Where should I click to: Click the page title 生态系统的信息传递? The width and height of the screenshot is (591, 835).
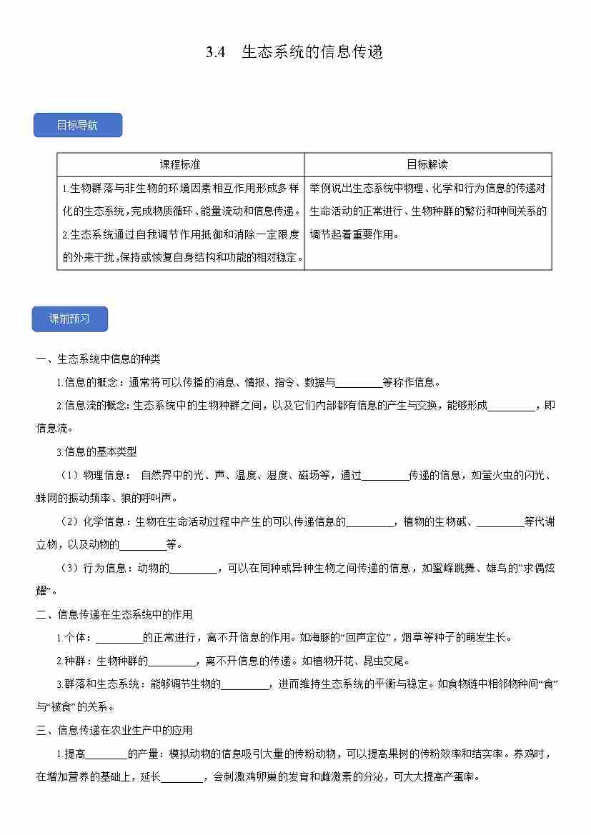pos(312,52)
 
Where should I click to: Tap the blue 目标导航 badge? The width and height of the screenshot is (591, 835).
pos(77,126)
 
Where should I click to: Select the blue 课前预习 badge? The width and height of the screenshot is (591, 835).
pos(69,319)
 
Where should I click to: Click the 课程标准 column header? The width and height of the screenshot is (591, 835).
pos(180,164)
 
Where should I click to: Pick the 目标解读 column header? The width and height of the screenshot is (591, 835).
pos(427,164)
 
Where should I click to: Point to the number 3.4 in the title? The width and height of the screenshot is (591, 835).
pos(216,52)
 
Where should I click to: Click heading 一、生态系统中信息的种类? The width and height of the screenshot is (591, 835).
pos(99,359)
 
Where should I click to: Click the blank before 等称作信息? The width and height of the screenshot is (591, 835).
pos(359,383)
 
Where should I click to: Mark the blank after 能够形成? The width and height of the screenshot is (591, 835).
pos(511,406)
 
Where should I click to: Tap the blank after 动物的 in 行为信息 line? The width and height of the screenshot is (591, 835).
pos(193,569)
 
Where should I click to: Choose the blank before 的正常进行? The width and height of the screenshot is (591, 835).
pos(119,639)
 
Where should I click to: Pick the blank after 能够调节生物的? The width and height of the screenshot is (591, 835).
pos(244,685)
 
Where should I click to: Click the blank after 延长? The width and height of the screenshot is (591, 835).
pos(182,777)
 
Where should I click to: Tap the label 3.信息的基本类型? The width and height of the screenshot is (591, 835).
pos(96,451)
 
